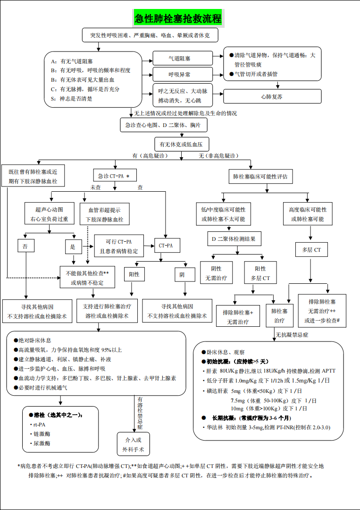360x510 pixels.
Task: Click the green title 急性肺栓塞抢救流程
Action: [178, 19]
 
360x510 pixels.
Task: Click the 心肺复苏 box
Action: [272, 96]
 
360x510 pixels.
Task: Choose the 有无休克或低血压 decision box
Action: [182, 144]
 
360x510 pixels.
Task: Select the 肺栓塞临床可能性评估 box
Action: [260, 177]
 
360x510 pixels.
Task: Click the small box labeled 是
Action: [73, 246]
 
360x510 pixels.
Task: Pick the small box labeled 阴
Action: [182, 274]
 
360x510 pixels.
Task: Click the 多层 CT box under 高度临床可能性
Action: [311, 250]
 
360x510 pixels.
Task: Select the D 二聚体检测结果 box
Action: [234, 239]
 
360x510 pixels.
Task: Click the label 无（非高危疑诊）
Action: [218, 156]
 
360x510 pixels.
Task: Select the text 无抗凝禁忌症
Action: [292, 335]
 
